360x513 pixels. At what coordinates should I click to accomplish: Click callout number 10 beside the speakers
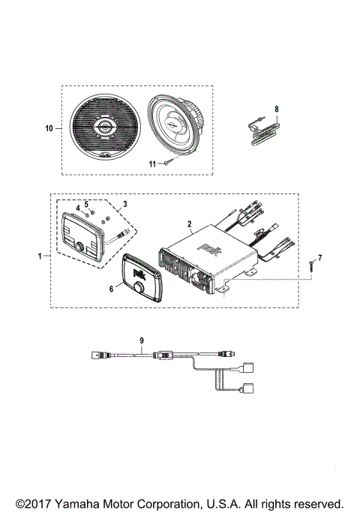tap(49, 128)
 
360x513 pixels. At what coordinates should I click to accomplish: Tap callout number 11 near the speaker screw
tap(151, 163)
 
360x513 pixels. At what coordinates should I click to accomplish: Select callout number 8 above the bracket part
tap(276, 109)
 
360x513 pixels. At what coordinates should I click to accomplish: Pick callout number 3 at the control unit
tap(125, 203)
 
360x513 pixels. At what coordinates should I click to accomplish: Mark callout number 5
tap(86, 203)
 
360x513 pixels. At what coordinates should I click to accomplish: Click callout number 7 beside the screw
tap(319, 258)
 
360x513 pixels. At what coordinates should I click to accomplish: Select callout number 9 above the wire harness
tap(142, 339)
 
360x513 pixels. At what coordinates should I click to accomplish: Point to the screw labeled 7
tap(308, 264)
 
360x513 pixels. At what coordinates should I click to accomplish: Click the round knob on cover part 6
tap(139, 289)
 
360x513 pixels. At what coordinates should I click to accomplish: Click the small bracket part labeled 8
tap(260, 127)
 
